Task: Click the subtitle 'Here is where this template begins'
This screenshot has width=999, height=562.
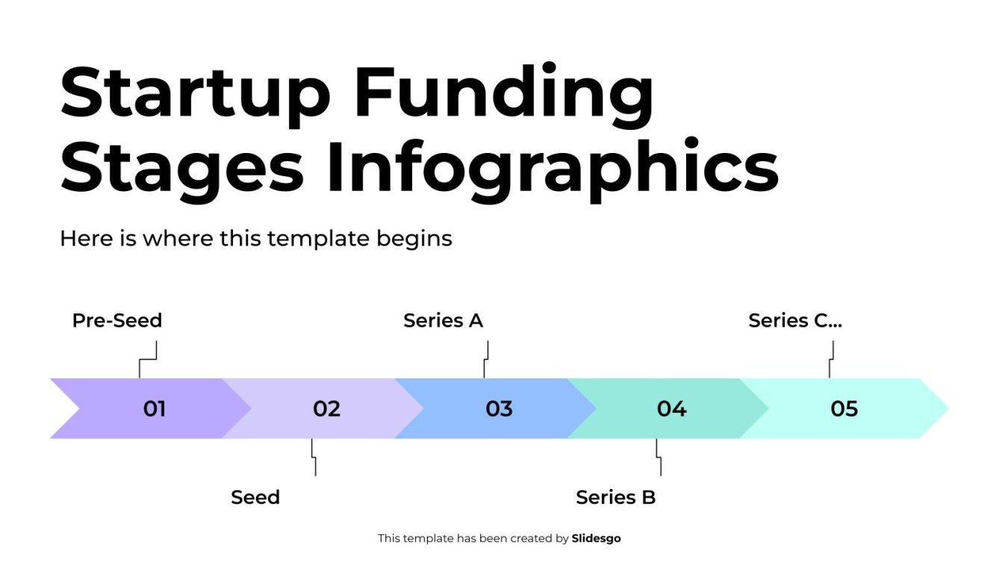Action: [x=255, y=239]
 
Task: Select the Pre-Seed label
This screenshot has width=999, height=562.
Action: [x=117, y=320]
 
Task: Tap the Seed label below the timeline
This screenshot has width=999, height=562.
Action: [x=255, y=497]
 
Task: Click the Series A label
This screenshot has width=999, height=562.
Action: [x=443, y=320]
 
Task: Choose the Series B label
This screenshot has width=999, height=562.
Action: [x=615, y=497]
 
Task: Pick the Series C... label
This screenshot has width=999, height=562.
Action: [x=795, y=320]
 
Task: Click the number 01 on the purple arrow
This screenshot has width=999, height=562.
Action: [x=154, y=409]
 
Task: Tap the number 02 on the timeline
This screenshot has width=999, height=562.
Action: [x=326, y=409]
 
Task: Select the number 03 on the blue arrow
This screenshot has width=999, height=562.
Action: [x=499, y=409]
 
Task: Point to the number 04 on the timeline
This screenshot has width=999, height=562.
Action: [x=671, y=409]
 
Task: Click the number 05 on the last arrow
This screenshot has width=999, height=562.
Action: [x=844, y=409]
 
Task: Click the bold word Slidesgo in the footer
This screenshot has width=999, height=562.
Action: [x=596, y=538]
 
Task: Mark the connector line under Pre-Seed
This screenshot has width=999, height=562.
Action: [x=148, y=360]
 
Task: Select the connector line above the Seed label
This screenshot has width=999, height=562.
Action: [x=314, y=457]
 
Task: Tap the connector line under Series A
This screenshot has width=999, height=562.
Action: [x=486, y=360]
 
